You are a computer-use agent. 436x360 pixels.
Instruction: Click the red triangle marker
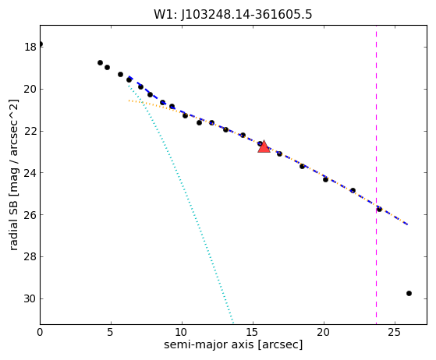click(x=264, y=147)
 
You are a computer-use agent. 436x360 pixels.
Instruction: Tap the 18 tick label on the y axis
click(x=30, y=47)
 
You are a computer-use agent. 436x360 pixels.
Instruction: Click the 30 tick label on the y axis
click(x=30, y=298)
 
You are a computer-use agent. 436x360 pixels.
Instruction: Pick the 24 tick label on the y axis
click(x=30, y=173)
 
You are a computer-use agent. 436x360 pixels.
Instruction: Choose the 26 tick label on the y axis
click(x=30, y=215)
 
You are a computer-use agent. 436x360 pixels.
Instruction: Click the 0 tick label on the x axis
click(x=40, y=332)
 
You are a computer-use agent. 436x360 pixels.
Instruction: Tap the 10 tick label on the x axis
click(x=182, y=332)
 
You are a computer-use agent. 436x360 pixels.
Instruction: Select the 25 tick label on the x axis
click(x=395, y=332)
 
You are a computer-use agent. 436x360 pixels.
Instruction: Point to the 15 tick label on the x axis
click(x=253, y=332)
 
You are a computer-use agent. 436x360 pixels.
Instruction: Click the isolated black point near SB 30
click(x=409, y=293)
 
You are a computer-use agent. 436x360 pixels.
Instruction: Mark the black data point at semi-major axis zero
click(x=41, y=44)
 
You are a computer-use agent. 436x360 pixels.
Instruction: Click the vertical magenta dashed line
click(x=376, y=175)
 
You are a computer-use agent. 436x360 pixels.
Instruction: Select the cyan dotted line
click(x=180, y=204)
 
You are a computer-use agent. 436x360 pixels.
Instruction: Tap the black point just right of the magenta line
click(x=379, y=209)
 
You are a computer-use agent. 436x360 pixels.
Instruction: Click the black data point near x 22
click(x=353, y=190)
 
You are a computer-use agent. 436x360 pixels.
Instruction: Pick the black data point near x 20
click(x=325, y=180)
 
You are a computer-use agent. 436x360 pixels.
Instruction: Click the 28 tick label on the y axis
click(x=30, y=256)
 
